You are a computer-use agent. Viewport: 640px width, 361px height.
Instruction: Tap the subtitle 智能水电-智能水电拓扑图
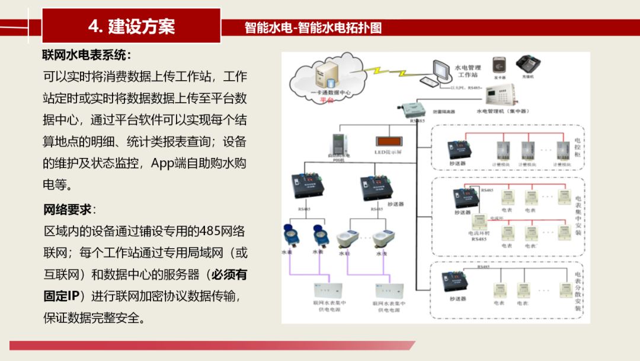pyautogui.click(x=313, y=28)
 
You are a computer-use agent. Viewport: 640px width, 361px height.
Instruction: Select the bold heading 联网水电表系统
pyautogui.click(x=84, y=55)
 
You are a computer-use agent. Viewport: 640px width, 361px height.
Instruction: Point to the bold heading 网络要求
pyautogui.click(x=67, y=210)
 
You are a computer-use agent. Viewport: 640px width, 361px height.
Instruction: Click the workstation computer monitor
pyautogui.click(x=442, y=71)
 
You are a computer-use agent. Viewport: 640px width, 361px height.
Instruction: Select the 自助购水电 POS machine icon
pyautogui.click(x=339, y=144)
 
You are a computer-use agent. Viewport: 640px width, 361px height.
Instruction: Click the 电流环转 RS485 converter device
pyautogui.click(x=477, y=223)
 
